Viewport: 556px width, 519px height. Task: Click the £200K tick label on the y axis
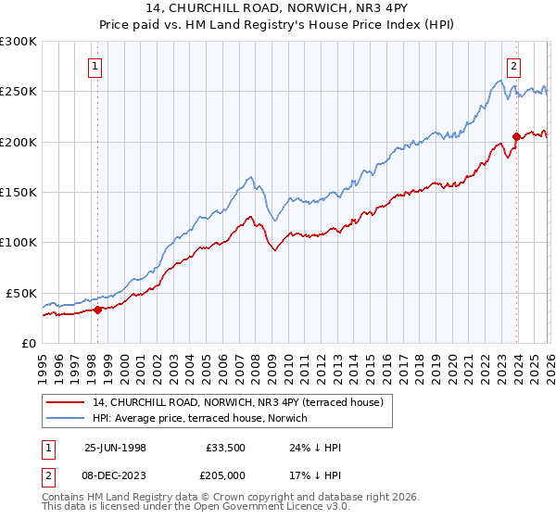(18, 142)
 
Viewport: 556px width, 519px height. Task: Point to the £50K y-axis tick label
(20, 293)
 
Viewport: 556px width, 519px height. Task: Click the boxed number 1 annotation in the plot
(96, 66)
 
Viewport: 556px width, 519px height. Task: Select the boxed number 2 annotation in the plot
(512, 66)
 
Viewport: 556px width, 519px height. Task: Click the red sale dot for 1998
(98, 310)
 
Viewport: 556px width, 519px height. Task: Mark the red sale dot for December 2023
(516, 137)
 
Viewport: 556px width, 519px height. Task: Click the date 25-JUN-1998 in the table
(115, 448)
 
